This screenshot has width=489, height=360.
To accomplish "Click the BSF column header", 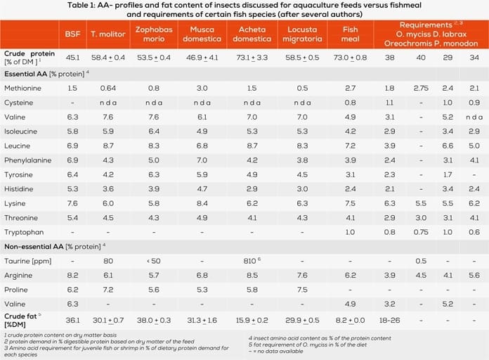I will [72, 33].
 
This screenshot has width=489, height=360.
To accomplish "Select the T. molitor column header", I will [105, 33].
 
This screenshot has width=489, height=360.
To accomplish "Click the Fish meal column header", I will [349, 33].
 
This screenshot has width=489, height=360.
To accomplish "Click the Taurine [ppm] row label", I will [26, 261].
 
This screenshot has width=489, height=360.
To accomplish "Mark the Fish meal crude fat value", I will [349, 319].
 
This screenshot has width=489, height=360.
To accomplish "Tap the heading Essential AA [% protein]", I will [46, 73].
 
